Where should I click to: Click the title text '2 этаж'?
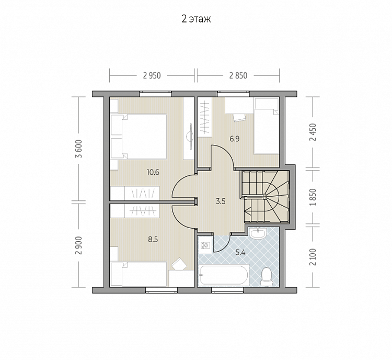tap(196, 19)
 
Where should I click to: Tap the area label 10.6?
tap(153, 172)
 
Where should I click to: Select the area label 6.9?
tap(235, 139)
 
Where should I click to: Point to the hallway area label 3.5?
tap(221, 201)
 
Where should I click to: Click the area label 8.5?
tap(153, 240)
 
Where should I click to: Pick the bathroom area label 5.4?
tap(240, 252)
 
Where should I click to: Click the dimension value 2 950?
tap(152, 75)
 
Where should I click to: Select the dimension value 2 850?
tap(238, 75)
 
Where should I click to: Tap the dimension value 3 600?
tap(79, 149)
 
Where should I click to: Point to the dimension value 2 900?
tap(79, 245)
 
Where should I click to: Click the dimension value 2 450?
tap(313, 132)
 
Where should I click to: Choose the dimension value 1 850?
tap(313, 197)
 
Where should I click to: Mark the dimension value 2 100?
tap(313, 257)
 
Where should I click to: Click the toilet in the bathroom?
tap(267, 277)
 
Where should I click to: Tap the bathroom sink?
tap(258, 233)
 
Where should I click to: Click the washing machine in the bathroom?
tap(205, 245)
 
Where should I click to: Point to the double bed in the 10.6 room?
tap(139, 137)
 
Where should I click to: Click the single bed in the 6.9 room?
tap(267, 126)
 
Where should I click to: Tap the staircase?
tap(265, 197)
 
